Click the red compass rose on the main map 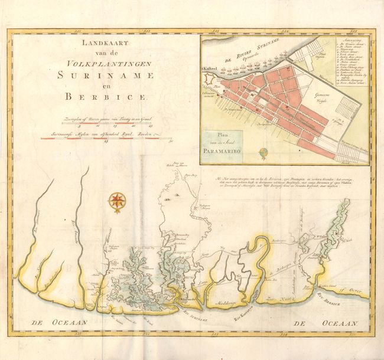(116, 201)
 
